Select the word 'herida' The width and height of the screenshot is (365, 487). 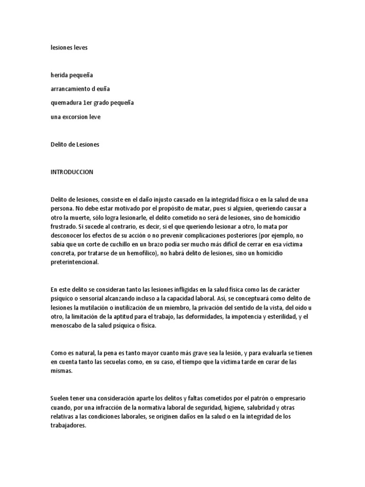coord(59,75)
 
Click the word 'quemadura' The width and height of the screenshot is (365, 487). coord(66,103)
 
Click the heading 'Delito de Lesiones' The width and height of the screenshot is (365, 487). coord(75,144)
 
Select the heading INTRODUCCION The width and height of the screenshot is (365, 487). coord(72,172)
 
